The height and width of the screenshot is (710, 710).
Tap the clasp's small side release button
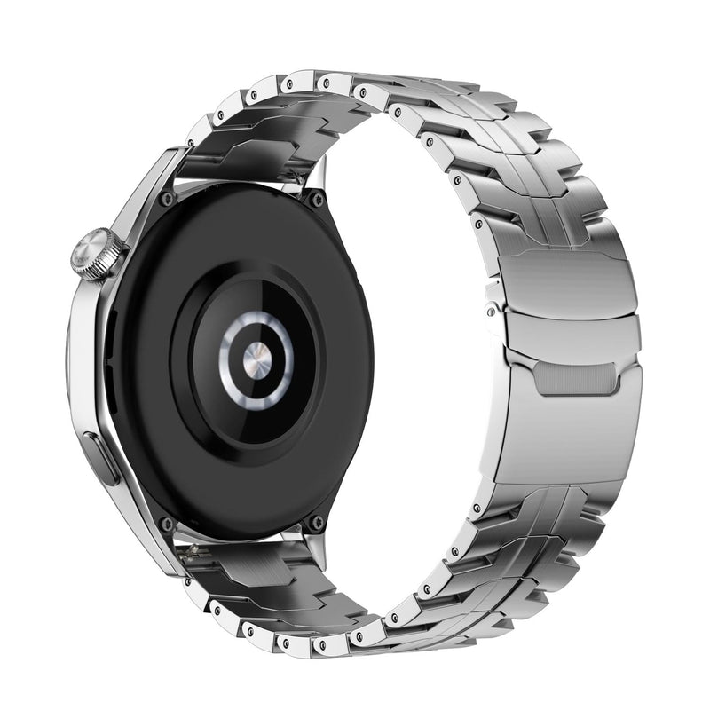(x=492, y=310)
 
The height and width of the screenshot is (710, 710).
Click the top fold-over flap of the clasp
(x=568, y=280)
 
